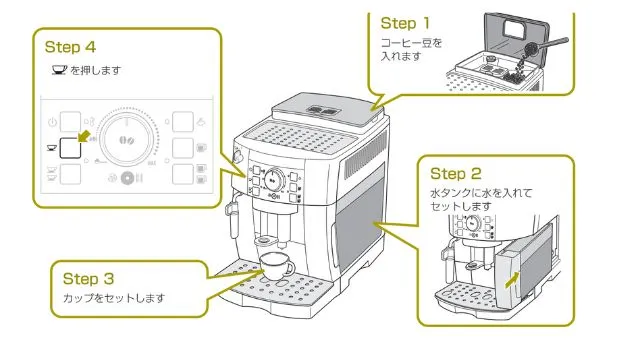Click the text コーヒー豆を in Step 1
(410, 43)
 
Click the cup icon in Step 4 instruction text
(58, 70)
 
